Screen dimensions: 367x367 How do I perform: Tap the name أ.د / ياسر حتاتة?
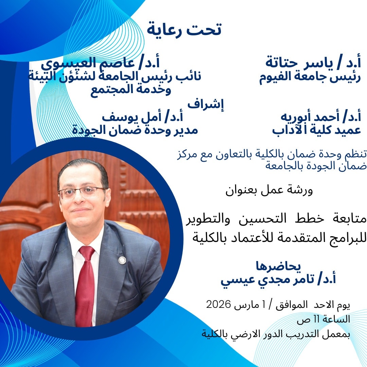[x=313, y=63]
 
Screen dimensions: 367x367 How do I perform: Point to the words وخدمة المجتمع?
[x=131, y=91]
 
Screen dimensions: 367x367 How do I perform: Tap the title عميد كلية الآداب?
[x=316, y=130]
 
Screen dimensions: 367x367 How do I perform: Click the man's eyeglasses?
[x=82, y=193]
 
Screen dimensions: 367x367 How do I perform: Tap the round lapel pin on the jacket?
[x=122, y=260]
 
